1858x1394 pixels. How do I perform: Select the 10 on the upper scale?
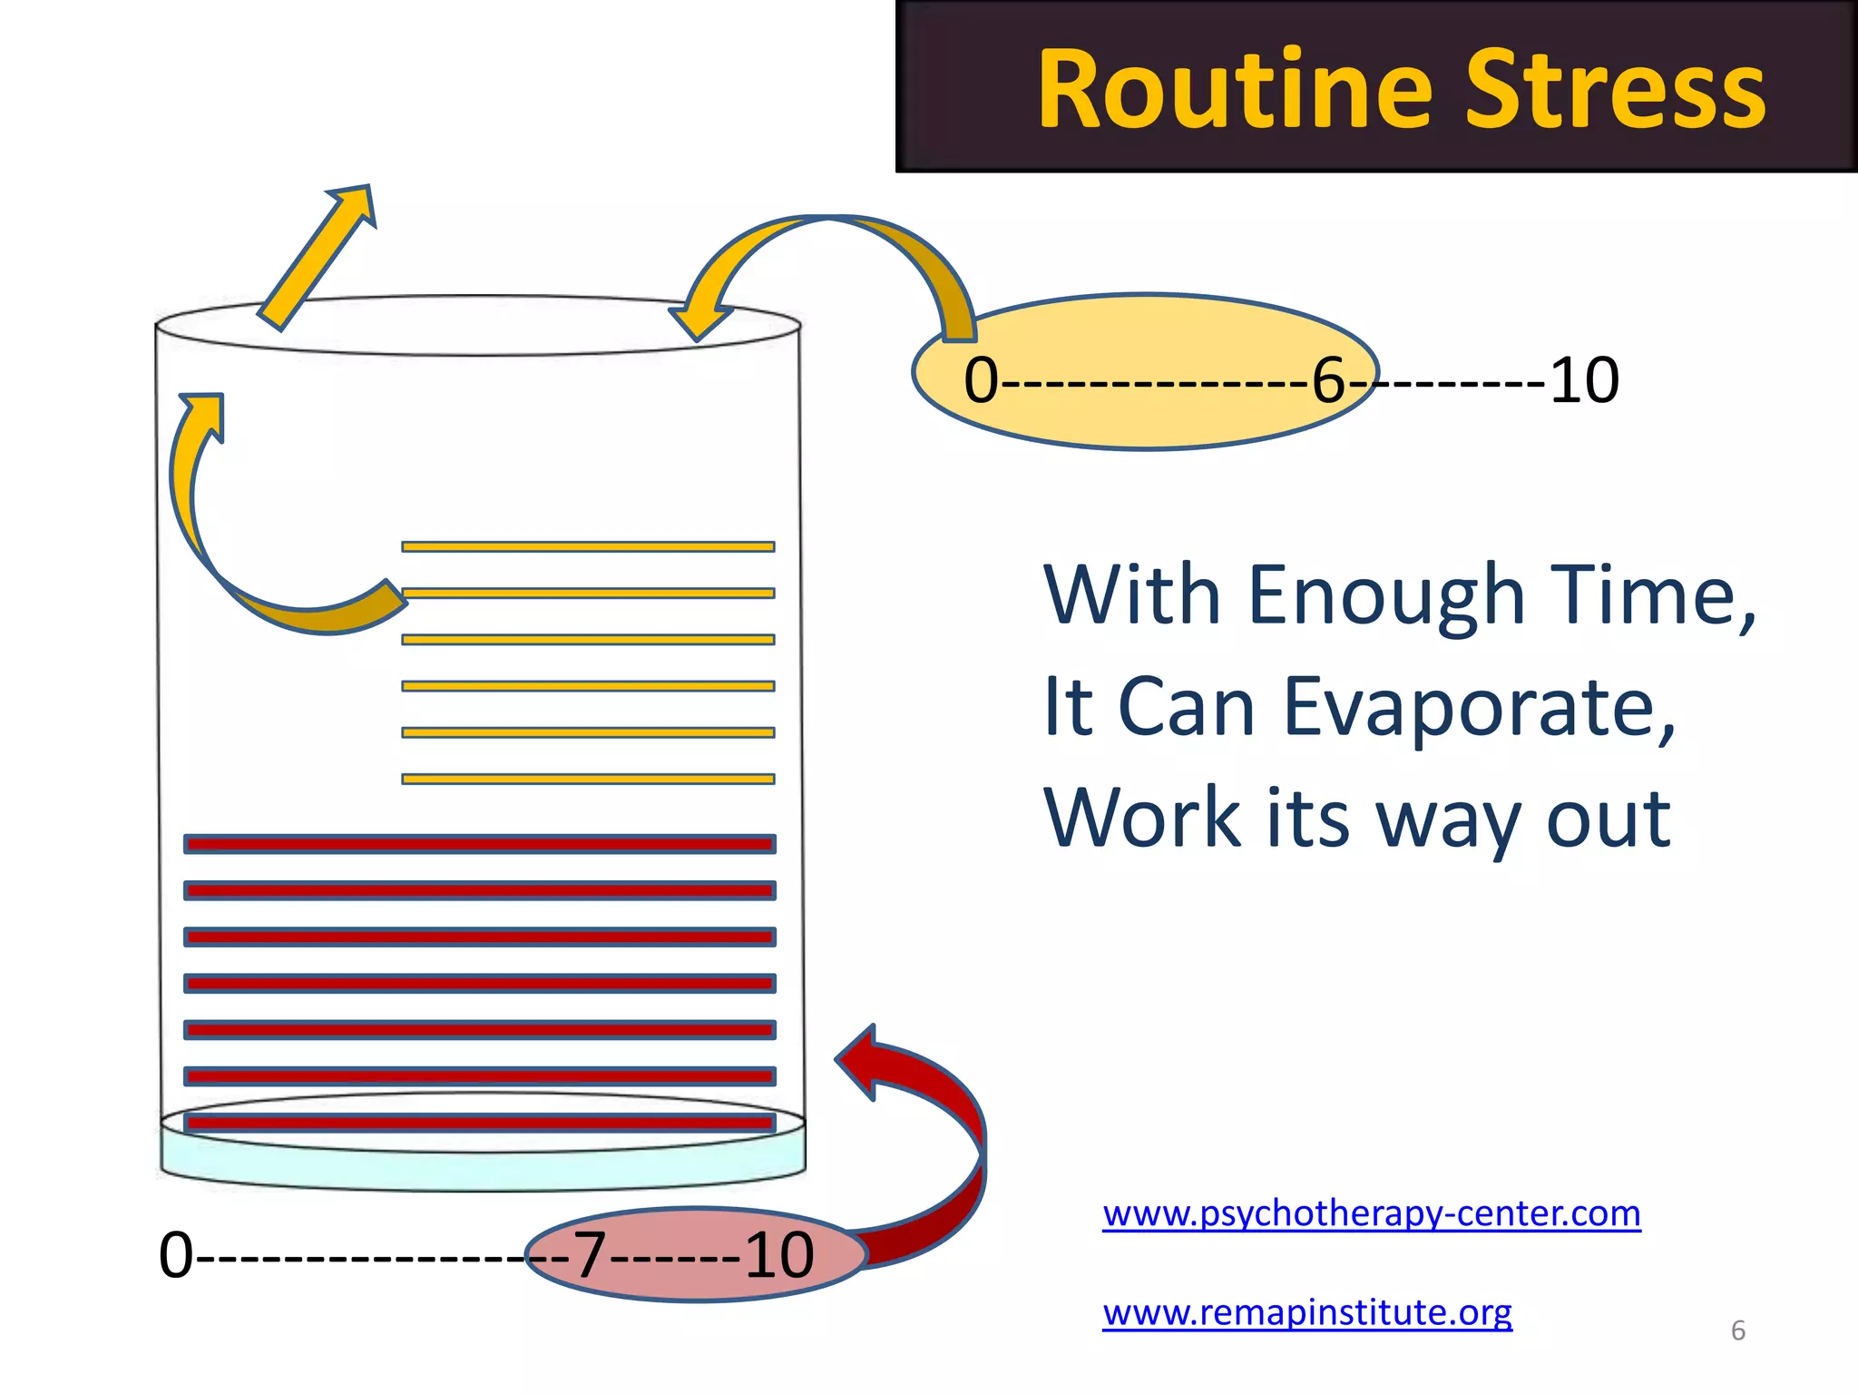click(x=1584, y=380)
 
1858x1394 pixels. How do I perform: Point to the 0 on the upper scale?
click(x=981, y=381)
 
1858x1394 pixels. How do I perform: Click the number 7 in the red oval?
click(x=590, y=1256)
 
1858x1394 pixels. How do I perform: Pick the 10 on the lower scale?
click(x=779, y=1256)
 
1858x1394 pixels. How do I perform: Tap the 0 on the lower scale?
click(x=176, y=1256)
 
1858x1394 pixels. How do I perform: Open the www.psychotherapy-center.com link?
click(x=1372, y=1213)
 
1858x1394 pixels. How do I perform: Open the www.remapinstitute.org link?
click(x=1307, y=1312)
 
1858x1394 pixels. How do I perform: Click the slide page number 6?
click(x=1738, y=1330)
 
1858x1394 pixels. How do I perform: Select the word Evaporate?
click(x=1479, y=708)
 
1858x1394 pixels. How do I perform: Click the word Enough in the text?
click(x=1386, y=596)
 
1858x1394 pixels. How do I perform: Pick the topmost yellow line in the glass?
click(x=588, y=546)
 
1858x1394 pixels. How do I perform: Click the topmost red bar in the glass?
click(x=479, y=844)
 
